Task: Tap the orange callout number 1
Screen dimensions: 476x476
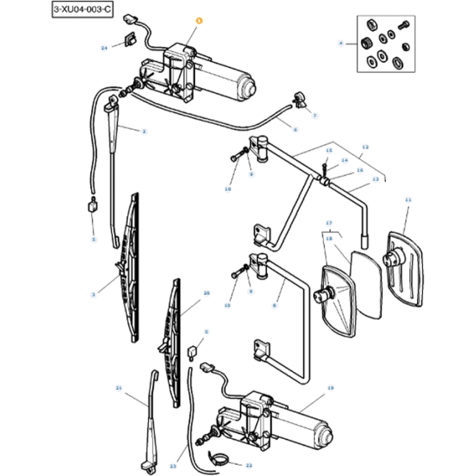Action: coord(197,23)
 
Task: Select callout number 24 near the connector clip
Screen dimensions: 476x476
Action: coord(105,47)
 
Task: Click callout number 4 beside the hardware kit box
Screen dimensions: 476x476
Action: coord(341,44)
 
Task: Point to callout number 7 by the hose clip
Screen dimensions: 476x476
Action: coord(314,116)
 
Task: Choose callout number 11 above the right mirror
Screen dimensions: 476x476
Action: coord(407,200)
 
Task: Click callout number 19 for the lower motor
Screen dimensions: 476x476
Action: coord(330,387)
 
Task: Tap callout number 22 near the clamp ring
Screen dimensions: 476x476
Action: coord(249,466)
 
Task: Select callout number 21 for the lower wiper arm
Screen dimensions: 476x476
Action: coord(118,387)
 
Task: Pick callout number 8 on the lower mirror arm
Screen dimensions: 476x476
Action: coord(275,304)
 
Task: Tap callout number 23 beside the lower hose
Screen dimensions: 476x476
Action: coord(173,466)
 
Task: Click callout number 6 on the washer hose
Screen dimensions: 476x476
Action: coord(295,130)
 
